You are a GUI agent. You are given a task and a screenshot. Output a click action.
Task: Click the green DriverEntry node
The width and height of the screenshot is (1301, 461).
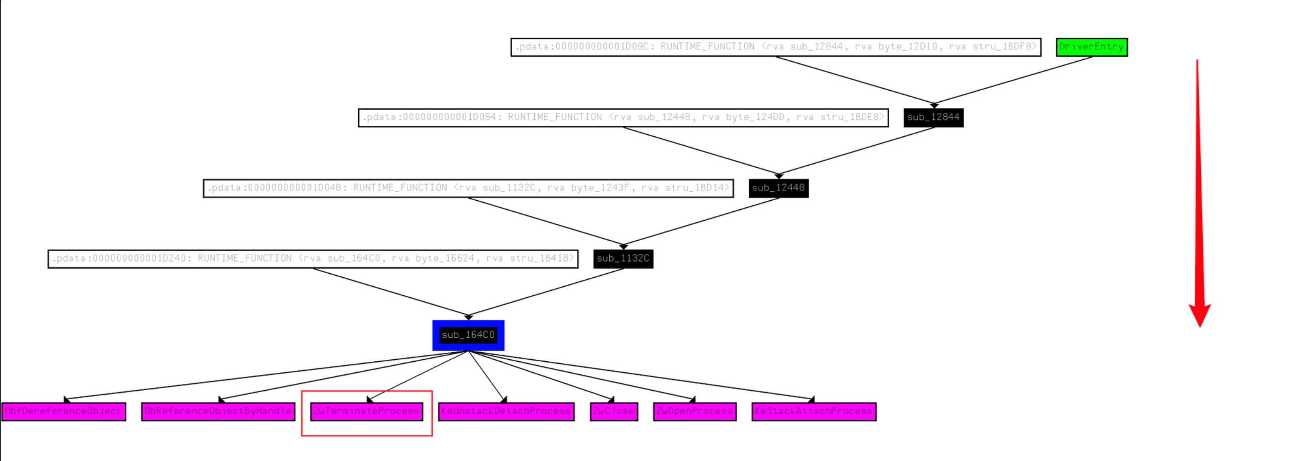pos(1092,47)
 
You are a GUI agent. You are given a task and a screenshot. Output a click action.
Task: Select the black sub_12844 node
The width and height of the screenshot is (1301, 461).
pos(933,117)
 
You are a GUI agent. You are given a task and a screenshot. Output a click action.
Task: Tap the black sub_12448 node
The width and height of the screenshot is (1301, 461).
pos(778,188)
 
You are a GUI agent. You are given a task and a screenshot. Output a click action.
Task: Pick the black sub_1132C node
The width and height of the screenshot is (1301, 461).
pos(623,259)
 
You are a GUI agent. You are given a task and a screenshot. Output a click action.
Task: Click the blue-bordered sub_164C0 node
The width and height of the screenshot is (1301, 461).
pos(468,335)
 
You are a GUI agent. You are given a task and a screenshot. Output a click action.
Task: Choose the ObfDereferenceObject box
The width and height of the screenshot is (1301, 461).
pos(63,412)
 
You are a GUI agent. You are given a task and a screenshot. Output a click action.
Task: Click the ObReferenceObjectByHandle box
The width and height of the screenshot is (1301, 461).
pos(218,412)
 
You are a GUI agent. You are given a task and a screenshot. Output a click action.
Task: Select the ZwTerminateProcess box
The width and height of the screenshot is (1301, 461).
pos(367,412)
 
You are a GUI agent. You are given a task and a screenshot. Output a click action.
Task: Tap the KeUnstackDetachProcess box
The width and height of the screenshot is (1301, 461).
pos(506,412)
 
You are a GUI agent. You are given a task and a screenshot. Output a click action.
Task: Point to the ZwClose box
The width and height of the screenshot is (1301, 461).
pos(614,412)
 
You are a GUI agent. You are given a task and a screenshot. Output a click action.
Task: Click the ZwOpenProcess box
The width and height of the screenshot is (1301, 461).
pos(694,412)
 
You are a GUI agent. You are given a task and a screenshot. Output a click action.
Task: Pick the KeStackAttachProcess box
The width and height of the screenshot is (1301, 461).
pos(814,412)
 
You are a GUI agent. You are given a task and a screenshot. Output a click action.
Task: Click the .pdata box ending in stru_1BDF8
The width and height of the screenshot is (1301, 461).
pos(776,47)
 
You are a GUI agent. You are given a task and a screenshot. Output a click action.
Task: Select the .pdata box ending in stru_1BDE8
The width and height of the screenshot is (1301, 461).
pos(623,117)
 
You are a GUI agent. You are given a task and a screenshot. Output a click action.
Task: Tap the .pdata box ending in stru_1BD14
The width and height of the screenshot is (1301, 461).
pos(468,188)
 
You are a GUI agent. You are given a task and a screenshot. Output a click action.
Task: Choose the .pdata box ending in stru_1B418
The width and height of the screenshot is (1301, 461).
pos(313,259)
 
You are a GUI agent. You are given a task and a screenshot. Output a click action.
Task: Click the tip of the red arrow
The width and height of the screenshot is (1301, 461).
pos(1200,326)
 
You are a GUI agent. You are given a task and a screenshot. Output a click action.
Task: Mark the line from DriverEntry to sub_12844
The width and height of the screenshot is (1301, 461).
pos(1013,81)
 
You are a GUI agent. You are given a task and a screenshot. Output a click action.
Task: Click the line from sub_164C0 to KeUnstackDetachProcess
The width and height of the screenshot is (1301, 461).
pos(486,375)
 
